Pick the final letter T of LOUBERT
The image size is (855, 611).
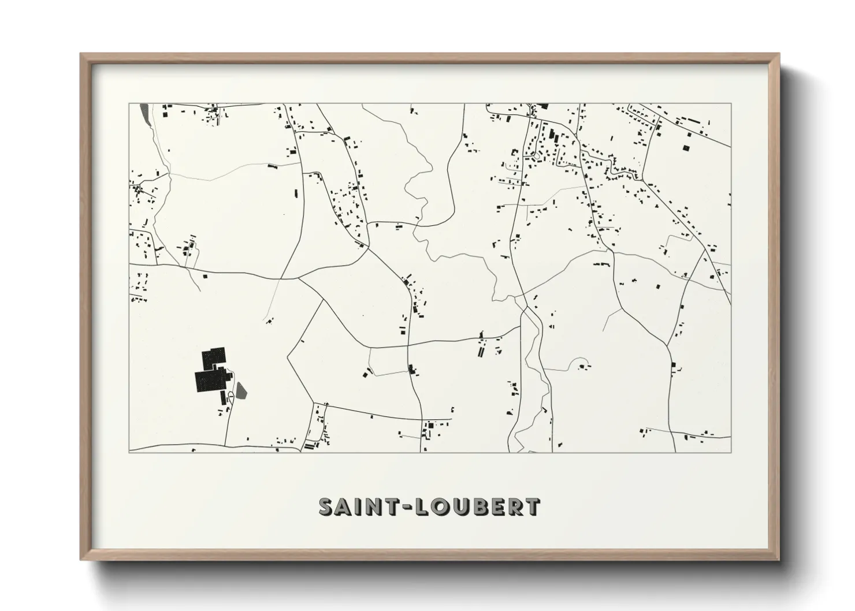[x=533, y=506]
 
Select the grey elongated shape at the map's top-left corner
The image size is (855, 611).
[x=144, y=109]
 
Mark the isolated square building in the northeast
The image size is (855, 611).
[x=687, y=147]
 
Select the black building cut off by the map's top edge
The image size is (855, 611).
[x=542, y=106]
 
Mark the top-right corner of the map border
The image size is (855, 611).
[x=731, y=104]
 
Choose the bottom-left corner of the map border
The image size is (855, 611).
[x=129, y=452]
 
